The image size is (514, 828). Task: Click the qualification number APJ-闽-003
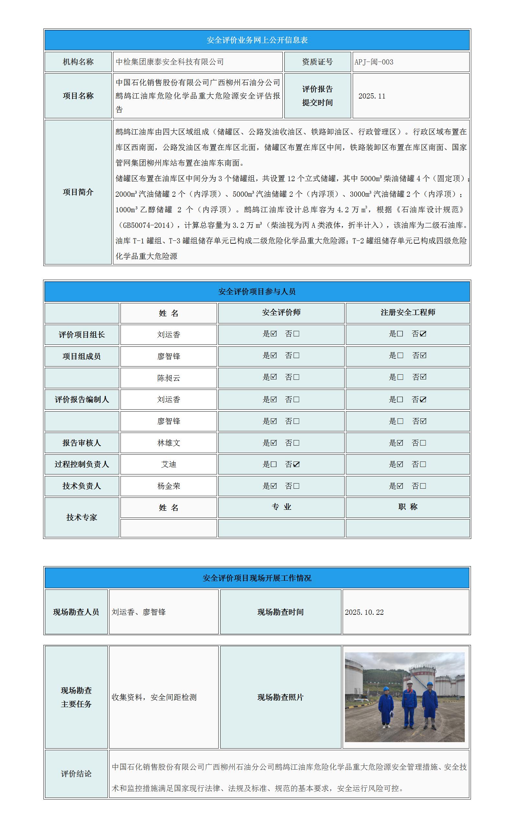click(374, 62)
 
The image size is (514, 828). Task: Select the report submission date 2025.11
click(372, 96)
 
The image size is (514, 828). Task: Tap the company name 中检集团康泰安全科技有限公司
click(170, 62)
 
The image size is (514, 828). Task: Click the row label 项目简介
click(78, 192)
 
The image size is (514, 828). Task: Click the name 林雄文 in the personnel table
click(169, 443)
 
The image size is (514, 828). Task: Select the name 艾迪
click(169, 464)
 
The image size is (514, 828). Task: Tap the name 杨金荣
click(169, 486)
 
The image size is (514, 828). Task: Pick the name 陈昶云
click(169, 378)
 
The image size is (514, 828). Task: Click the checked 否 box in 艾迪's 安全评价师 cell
click(296, 464)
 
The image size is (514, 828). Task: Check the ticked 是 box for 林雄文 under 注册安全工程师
click(400, 443)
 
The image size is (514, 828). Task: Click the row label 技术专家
click(82, 517)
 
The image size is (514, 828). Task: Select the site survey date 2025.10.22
click(364, 612)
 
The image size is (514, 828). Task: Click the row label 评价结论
click(76, 774)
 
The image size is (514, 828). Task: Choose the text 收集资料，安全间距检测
click(154, 697)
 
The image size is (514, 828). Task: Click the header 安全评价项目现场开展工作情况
click(257, 578)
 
